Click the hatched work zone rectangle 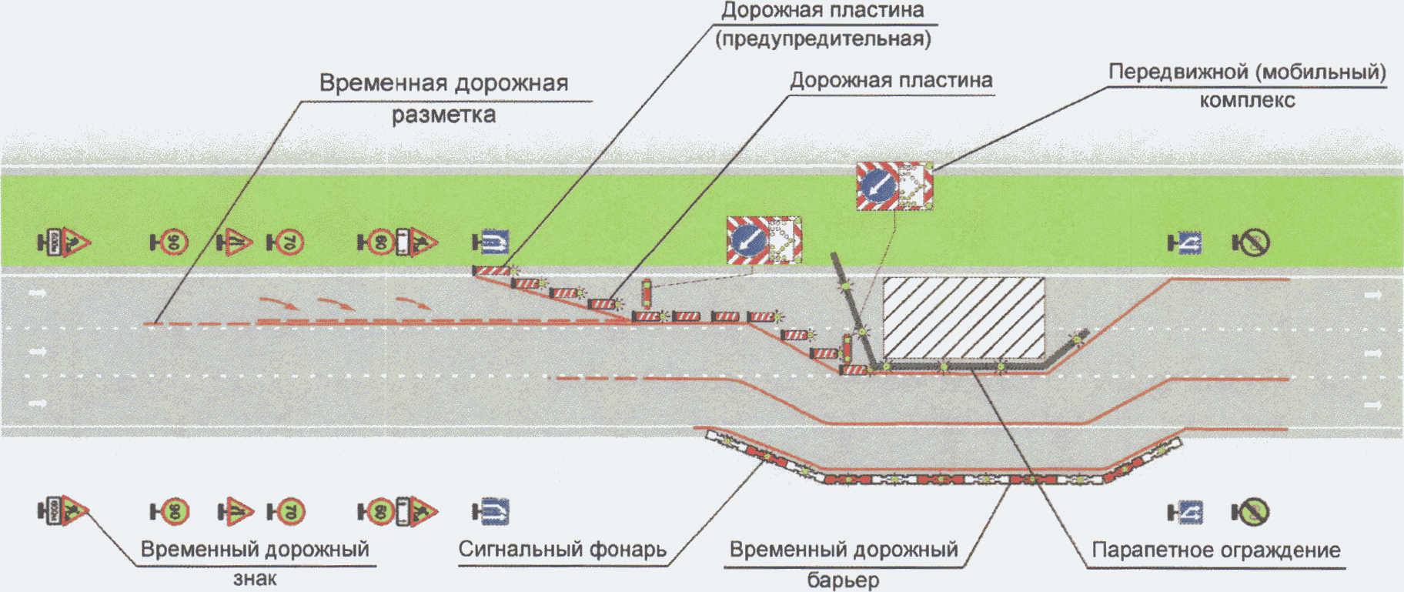(x=963, y=317)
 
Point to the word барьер (x=843, y=579)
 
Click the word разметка (x=443, y=115)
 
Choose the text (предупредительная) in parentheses (x=823, y=38)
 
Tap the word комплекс (x=1247, y=100)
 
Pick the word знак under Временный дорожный (x=255, y=578)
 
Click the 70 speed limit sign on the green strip (x=289, y=242)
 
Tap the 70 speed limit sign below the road (x=289, y=511)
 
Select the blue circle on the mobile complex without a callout (x=749, y=240)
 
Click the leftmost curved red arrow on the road (x=278, y=303)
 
